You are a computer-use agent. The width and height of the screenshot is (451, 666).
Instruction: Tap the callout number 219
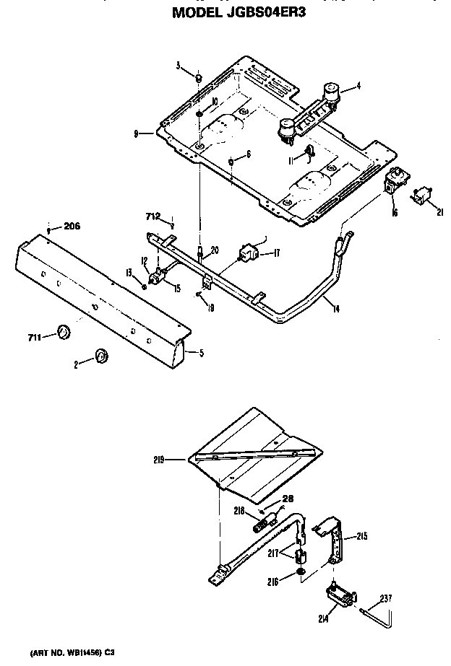[x=160, y=459]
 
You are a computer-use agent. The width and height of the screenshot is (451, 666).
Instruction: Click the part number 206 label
[x=71, y=226]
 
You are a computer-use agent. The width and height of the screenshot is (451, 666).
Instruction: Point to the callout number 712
[x=151, y=214]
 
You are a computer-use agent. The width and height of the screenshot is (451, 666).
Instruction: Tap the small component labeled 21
[x=419, y=195]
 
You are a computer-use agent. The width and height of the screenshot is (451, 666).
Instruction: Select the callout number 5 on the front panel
[x=201, y=353]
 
